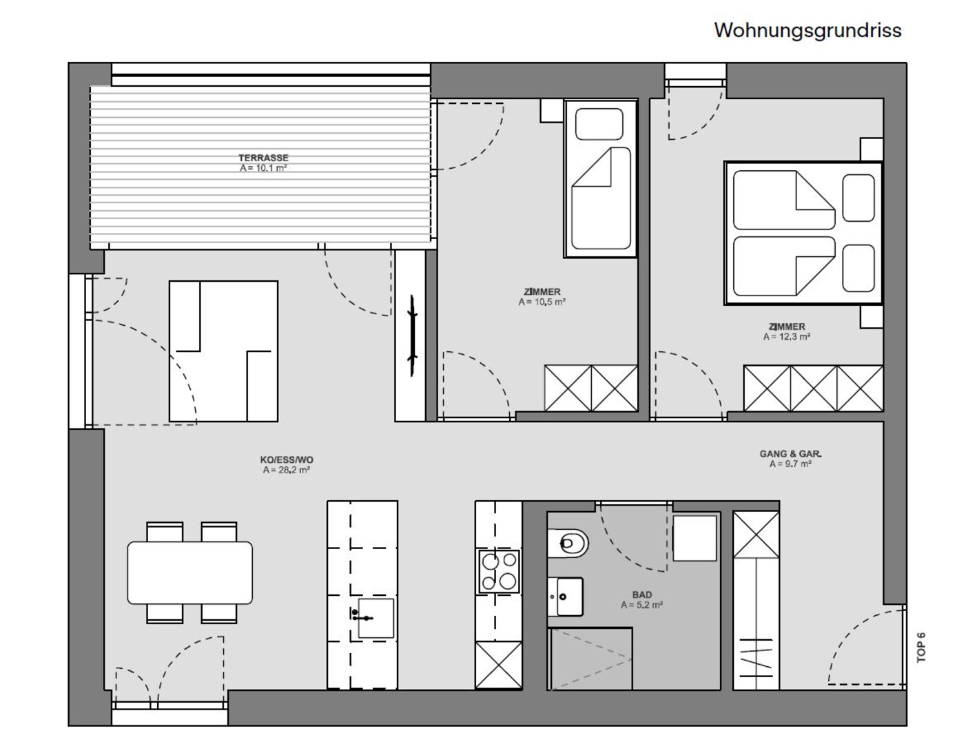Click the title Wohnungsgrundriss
808,31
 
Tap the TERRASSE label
263,158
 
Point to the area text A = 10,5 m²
542,302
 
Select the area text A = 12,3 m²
787,337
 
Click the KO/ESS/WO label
287,459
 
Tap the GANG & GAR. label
790,454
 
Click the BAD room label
642,595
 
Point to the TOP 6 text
921,648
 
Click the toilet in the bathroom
568,543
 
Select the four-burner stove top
499,571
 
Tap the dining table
190,572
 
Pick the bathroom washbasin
565,597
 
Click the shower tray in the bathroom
590,659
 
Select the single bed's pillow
599,124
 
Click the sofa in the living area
223,351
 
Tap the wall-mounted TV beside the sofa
413,336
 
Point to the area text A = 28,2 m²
286,470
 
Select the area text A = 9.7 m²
790,464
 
